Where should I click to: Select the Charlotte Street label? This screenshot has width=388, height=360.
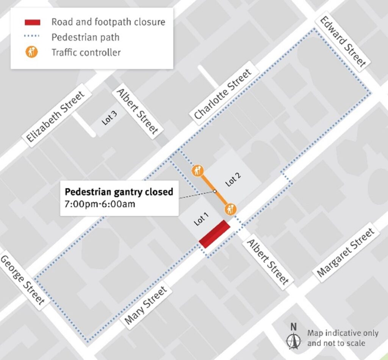[222, 94]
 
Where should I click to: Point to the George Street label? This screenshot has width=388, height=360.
[22, 280]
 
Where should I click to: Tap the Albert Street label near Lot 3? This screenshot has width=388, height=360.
[137, 112]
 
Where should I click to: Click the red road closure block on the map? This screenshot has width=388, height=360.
[215, 234]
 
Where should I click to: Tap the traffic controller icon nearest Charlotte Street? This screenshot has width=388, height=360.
[197, 171]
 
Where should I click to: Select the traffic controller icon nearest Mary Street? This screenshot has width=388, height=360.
[230, 208]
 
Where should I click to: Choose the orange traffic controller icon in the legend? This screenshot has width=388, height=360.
[32, 52]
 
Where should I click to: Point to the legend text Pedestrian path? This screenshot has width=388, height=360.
[85, 37]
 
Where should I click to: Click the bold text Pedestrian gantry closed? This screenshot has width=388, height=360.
[119, 192]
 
